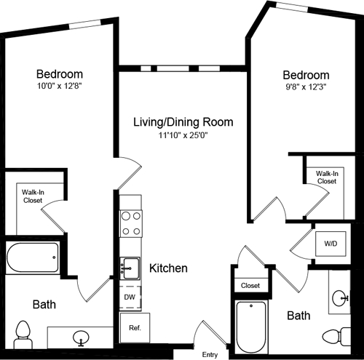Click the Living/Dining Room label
[183, 121]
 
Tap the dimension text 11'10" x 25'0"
[183, 135]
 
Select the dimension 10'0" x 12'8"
[60, 87]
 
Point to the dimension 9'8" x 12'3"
[306, 89]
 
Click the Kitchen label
[168, 268]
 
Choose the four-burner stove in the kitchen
[130, 223]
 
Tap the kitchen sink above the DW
[130, 268]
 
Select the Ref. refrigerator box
[134, 328]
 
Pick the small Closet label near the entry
[250, 286]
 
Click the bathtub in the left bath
[32, 257]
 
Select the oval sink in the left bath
[82, 337]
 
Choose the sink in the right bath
[340, 297]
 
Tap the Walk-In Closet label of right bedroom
[326, 177]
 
